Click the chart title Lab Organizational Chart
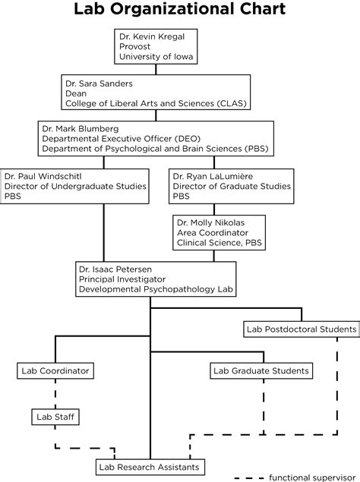179,11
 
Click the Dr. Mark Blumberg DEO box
156,138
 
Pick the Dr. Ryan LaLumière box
230,185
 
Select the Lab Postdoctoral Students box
301,329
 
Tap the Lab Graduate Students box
261,370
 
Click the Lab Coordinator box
55,370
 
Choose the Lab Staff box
55,416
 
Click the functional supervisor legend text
308,477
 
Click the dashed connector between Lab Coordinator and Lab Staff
55,393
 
